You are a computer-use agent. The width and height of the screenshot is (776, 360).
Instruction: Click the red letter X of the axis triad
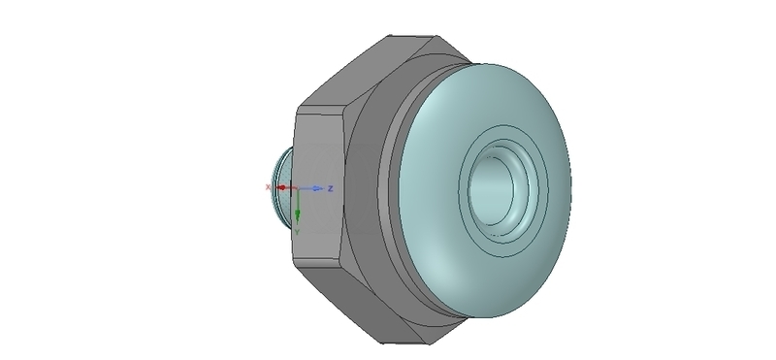[x=269, y=186]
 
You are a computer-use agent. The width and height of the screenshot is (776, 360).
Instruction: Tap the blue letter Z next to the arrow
[x=331, y=187]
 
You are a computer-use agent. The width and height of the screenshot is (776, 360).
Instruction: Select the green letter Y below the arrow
[x=298, y=231]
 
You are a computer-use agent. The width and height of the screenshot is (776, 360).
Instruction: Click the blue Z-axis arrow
[x=313, y=187]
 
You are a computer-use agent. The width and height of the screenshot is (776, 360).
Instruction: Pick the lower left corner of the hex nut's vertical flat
[x=293, y=263]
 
